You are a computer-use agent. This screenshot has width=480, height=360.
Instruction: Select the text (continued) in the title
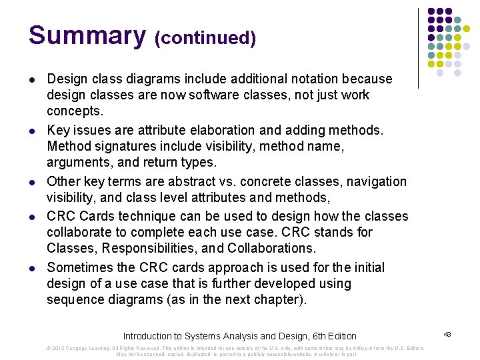[205, 39]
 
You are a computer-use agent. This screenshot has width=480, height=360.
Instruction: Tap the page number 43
[447, 333]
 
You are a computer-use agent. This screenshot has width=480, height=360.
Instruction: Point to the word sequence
[75, 299]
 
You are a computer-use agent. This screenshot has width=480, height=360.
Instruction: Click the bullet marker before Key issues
[31, 131]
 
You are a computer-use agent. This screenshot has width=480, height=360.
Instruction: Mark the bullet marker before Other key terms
[31, 182]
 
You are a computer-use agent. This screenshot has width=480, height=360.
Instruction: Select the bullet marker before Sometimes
[31, 268]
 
